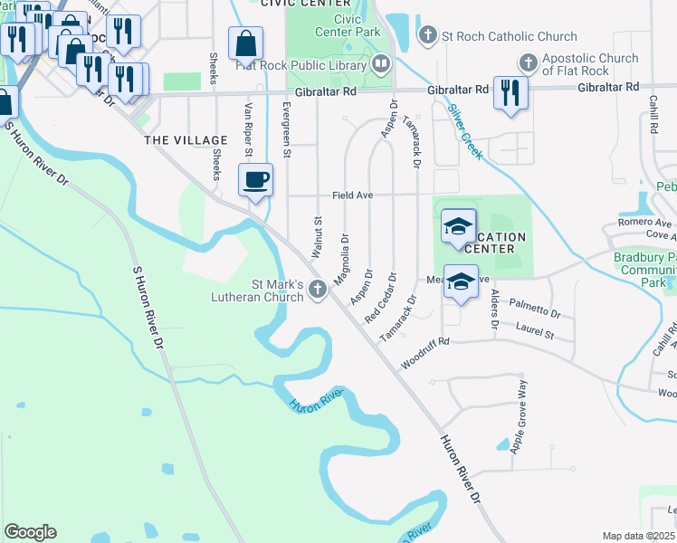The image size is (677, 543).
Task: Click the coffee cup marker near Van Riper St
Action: pos(256,179)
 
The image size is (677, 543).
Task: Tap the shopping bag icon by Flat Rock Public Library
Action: pos(245,43)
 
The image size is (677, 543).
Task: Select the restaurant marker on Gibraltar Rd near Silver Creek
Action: pos(510,92)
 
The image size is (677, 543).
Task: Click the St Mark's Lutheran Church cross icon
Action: pos(317,289)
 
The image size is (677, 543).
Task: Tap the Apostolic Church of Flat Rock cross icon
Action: pos(529,63)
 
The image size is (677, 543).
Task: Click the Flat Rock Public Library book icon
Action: pos(382,63)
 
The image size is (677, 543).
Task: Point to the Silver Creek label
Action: pos(466,131)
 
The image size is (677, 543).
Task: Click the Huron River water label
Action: pos(317,401)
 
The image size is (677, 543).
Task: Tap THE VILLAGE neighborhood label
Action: pos(186,140)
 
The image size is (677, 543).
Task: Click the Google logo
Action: pos(30,532)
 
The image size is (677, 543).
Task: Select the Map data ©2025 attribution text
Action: pos(639,536)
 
